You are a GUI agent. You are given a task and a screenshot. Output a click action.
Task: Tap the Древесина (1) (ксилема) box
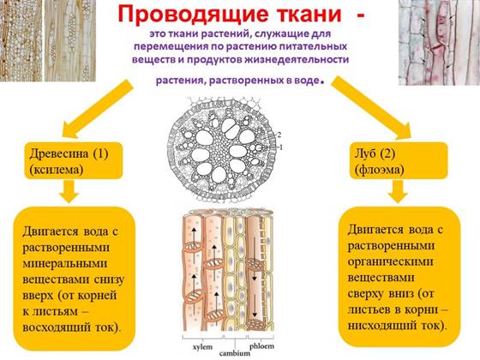[x=74, y=161]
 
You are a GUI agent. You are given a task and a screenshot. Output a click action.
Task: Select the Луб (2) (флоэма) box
[x=399, y=160]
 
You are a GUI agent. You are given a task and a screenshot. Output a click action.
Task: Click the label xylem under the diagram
[x=202, y=347]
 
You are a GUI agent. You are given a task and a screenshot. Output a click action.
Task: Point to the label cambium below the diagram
[x=235, y=353]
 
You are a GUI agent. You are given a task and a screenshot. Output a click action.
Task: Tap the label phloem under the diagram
[x=261, y=346]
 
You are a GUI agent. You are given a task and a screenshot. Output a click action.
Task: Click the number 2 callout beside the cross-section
[x=279, y=135]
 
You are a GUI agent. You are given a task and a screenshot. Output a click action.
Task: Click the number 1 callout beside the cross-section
[x=281, y=147]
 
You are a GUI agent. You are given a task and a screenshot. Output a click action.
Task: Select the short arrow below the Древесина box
[x=69, y=191]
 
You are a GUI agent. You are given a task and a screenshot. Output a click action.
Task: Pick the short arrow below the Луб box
[x=398, y=191]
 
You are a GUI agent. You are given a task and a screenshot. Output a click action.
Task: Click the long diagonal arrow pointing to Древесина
[x=98, y=108]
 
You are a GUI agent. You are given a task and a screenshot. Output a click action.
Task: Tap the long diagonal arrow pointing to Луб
[x=370, y=108]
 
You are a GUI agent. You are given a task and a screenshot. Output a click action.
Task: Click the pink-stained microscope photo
[x=439, y=43]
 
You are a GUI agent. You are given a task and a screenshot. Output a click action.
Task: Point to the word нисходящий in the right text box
[x=382, y=325]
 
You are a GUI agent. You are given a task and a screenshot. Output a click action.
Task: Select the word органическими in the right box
[x=390, y=262]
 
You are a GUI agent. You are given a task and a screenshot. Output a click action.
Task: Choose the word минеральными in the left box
[x=65, y=264]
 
